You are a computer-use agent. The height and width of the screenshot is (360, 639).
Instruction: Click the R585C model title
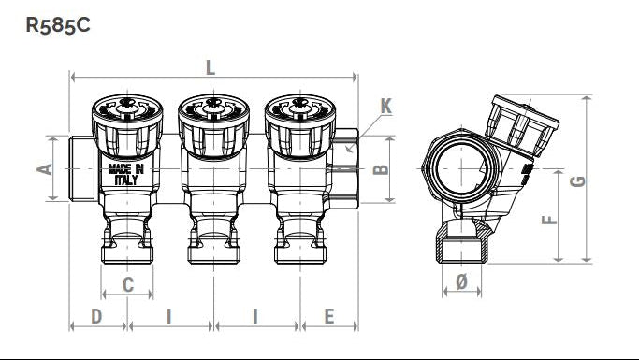point(58,25)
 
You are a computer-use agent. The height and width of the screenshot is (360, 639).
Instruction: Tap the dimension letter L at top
point(211,67)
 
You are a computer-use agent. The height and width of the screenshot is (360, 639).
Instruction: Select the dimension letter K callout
point(386,106)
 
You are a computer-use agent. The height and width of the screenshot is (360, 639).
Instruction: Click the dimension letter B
point(381,168)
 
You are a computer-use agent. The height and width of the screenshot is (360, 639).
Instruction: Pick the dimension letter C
point(128,284)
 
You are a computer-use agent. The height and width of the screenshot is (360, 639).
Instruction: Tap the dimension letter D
point(96,316)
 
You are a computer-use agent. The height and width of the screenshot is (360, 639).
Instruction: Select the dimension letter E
point(329,316)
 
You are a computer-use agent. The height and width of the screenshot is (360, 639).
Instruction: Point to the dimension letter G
point(577,181)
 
